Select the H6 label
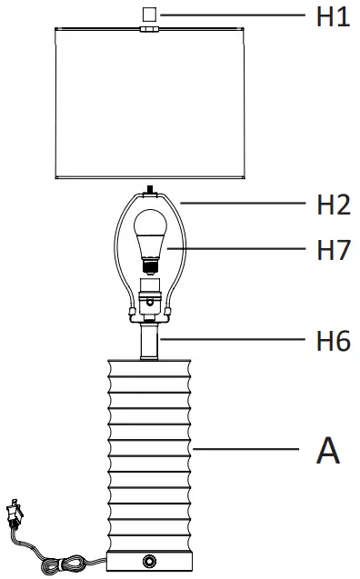tap(333, 341)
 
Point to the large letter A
tap(327, 450)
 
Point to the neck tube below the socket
tap(150, 343)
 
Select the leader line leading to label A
tap(245, 450)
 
